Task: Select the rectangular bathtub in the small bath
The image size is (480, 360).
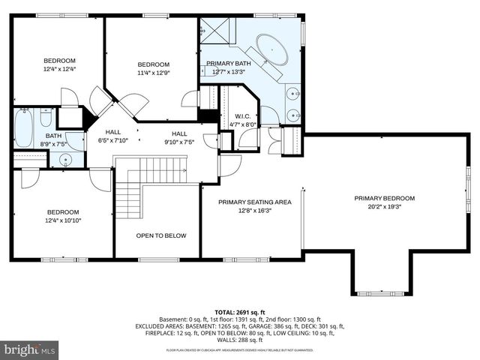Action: point(24,127)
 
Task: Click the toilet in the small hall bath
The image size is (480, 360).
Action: point(46,120)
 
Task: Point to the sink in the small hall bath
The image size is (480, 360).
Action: point(65,159)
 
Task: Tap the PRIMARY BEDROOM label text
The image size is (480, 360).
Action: point(384,198)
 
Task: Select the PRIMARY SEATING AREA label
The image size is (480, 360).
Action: point(254,202)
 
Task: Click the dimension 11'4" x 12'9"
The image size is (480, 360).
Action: point(153,73)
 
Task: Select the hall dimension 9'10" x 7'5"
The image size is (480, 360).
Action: point(179,141)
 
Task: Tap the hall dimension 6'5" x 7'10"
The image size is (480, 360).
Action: point(112,139)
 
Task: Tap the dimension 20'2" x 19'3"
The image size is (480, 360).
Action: point(384,206)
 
